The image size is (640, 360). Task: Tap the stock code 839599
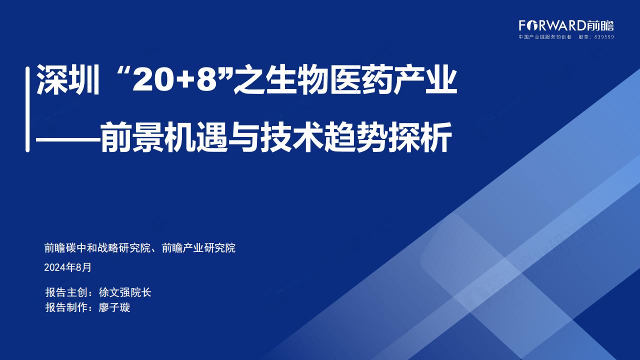(x=604, y=37)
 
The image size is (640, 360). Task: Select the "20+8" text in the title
(x=174, y=79)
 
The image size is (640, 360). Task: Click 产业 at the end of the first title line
(x=425, y=80)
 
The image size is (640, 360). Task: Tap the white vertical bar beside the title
(x=27, y=109)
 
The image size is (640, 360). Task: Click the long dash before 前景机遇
(x=68, y=139)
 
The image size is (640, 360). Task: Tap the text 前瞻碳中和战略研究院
(x=97, y=247)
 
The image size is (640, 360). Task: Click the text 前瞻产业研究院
(x=198, y=247)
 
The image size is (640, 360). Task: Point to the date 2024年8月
(x=67, y=267)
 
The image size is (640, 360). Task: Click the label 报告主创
(x=66, y=292)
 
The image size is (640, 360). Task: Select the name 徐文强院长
(x=125, y=292)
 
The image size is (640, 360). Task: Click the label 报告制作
(x=66, y=307)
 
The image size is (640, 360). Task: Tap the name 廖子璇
(x=114, y=307)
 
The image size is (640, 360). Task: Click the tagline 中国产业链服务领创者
(x=545, y=37)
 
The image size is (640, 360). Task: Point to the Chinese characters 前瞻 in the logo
(x=600, y=25)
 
